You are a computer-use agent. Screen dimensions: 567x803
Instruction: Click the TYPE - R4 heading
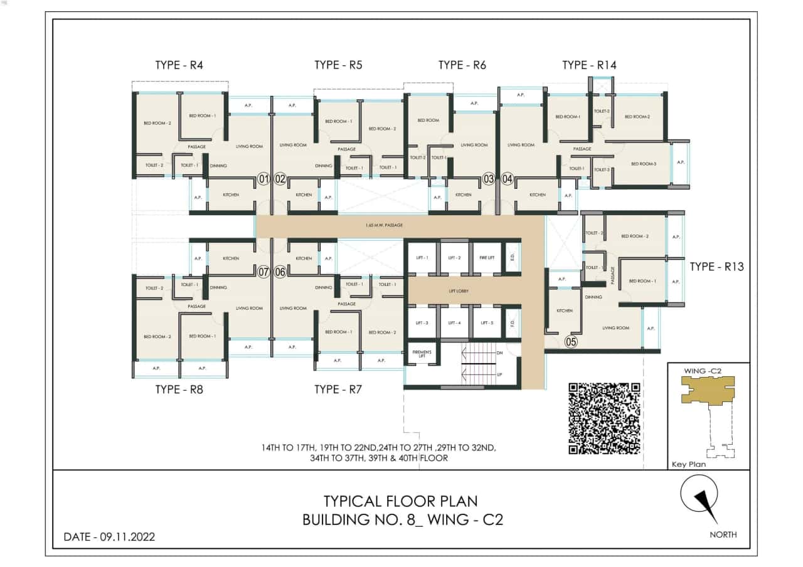pos(179,65)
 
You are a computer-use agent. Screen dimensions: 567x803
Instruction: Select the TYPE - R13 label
pos(716,267)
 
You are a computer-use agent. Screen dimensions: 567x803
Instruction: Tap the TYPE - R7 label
pos(338,389)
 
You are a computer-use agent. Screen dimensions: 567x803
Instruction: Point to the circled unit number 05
pos(571,342)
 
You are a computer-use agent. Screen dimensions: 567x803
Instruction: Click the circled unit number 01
pos(264,179)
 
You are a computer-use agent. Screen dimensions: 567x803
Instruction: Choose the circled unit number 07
pos(264,272)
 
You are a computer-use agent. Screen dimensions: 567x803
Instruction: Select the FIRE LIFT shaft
pos(487,258)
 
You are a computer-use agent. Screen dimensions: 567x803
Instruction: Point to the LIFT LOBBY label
pos(459,291)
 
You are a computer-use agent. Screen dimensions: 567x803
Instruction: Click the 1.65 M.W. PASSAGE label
pos(384,225)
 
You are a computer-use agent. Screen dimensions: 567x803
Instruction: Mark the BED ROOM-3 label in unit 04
pos(644,164)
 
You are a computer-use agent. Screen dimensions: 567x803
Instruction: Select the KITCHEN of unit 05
pos(564,311)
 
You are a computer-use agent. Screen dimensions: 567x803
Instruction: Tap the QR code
pos(604,418)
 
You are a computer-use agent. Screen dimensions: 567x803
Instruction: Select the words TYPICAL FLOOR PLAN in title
pos(400,501)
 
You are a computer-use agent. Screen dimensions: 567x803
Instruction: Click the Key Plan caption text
pos(688,465)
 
